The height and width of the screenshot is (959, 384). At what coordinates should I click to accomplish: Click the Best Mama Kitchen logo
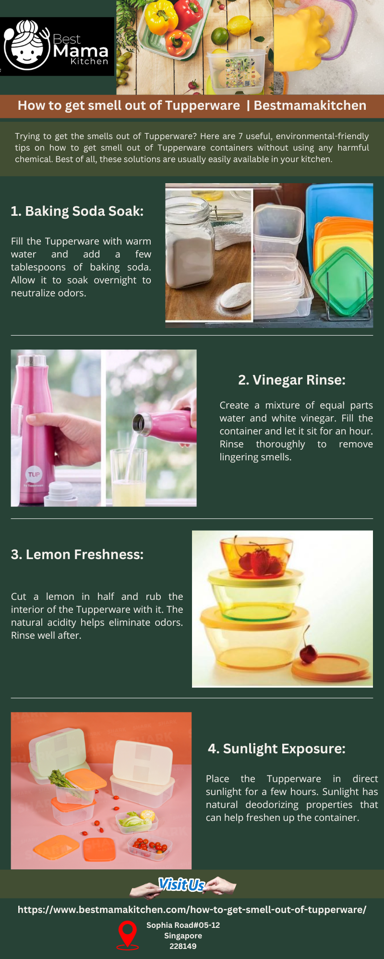(56, 47)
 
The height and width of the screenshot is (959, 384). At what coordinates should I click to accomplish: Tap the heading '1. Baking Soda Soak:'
(77, 211)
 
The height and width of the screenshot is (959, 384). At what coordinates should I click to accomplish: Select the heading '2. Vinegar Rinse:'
(291, 380)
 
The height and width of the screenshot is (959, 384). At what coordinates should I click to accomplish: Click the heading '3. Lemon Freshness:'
(77, 554)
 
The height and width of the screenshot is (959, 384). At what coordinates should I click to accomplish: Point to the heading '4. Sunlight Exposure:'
(276, 748)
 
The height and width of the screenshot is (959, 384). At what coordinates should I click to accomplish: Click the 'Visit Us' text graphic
(182, 884)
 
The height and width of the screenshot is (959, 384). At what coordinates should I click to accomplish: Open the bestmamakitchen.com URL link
(192, 910)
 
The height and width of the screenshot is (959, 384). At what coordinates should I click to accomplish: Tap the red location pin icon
(128, 934)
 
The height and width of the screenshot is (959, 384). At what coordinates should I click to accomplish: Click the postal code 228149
(183, 946)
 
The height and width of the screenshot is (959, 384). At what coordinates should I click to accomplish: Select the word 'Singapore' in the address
(183, 936)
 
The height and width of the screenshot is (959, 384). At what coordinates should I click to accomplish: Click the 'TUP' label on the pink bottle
(34, 475)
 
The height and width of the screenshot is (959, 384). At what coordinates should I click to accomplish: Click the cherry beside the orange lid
(309, 652)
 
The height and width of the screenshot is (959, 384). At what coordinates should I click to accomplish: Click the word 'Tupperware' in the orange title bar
(206, 105)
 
